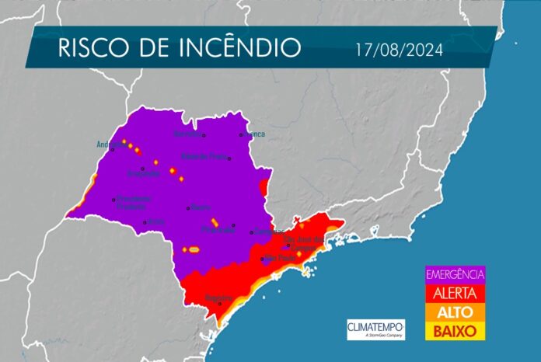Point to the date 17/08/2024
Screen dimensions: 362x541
click(x=399, y=50)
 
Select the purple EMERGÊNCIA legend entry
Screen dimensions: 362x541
click(x=455, y=273)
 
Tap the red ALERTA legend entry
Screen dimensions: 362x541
click(x=455, y=293)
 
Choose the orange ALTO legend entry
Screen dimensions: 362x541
click(x=455, y=312)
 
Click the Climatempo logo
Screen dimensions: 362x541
click(x=375, y=329)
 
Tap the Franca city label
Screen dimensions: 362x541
click(x=254, y=134)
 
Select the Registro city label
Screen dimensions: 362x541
click(x=218, y=298)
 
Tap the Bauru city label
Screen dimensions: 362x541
click(x=201, y=207)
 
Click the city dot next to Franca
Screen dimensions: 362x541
click(x=242, y=134)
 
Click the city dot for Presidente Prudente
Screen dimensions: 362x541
click(x=113, y=199)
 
